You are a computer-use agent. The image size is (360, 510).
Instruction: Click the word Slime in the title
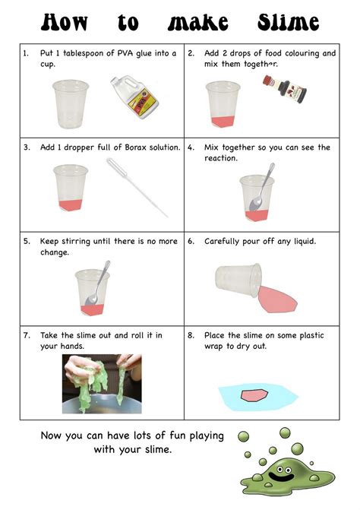point(288,23)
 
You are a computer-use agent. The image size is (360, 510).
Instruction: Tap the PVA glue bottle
point(134,97)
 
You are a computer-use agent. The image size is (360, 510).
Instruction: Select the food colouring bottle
point(285,88)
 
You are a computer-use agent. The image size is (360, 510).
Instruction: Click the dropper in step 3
point(137,187)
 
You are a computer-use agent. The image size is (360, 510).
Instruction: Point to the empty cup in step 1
point(71,104)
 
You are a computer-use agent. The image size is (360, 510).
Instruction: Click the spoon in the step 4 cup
point(262,187)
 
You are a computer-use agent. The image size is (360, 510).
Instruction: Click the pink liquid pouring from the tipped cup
point(277,299)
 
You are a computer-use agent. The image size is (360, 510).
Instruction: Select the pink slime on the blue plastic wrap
point(254,395)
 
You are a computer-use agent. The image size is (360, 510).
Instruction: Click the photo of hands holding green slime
point(102,384)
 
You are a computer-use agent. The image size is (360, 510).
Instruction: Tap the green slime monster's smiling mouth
point(281,478)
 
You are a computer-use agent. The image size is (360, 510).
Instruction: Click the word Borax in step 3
point(136,147)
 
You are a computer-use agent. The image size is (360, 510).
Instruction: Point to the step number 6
point(191,242)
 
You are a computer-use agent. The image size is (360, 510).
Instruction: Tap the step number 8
point(191,335)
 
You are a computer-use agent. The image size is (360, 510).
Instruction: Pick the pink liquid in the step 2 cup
point(223,122)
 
